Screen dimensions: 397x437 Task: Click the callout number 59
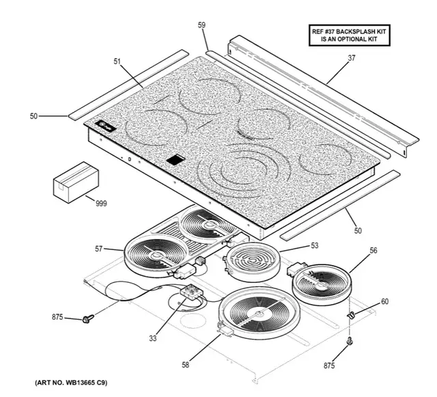click(202, 25)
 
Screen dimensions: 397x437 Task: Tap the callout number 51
click(117, 61)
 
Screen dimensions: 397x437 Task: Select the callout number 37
click(351, 58)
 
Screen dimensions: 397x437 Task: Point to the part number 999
click(102, 204)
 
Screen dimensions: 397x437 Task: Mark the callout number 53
click(315, 244)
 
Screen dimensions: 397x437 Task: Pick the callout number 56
click(373, 250)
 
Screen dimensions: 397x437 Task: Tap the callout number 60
click(384, 301)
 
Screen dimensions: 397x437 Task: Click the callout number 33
click(152, 338)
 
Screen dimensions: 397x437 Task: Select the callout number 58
click(186, 366)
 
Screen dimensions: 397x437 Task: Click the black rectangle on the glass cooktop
click(175, 159)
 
